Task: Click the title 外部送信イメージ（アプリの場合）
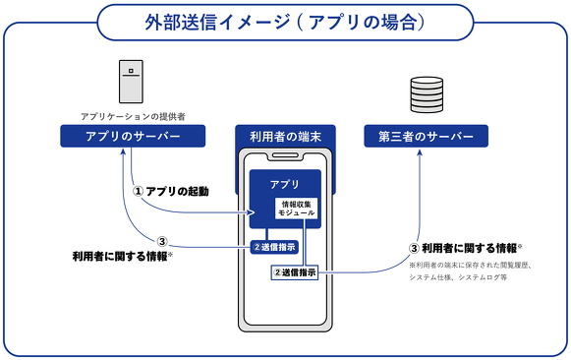285,23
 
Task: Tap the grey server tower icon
131,82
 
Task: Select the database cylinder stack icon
427,94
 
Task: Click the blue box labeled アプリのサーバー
133,136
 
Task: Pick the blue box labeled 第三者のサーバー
427,136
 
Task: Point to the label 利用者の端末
285,137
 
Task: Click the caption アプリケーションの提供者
133,116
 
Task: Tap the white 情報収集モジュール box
296,209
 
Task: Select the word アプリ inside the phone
285,184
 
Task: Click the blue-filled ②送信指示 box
274,247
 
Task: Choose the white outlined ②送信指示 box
295,272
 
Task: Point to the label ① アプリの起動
170,191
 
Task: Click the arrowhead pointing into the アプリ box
251,212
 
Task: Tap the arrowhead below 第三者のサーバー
420,152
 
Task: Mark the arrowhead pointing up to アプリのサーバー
124,151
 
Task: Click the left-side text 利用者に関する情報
122,256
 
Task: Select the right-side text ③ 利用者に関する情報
466,249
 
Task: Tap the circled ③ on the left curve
162,241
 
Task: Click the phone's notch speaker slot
285,155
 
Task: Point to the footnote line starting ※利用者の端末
471,266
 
